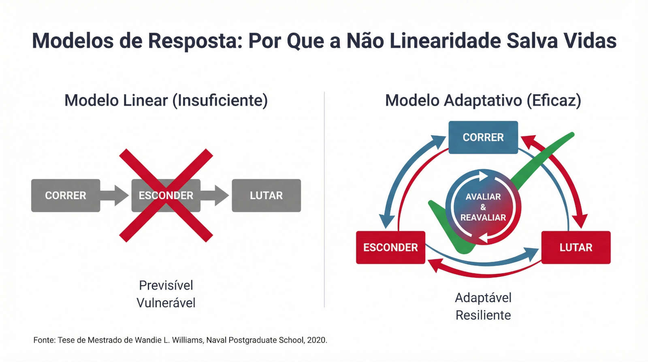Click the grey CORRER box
pos(66,196)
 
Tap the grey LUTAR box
pos(266,196)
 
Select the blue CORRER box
pos(483,137)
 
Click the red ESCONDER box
pos(390,247)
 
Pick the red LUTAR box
pos(576,247)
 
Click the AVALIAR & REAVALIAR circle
pos(483,207)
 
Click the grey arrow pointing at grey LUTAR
pos(215,196)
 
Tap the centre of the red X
pos(166,196)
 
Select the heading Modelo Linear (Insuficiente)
pos(166,100)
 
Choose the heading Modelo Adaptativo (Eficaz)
pos(483,100)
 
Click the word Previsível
pos(166,285)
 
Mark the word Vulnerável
pos(166,303)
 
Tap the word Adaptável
pos(483,298)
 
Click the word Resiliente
pos(483,315)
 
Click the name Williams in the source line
pos(187,340)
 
